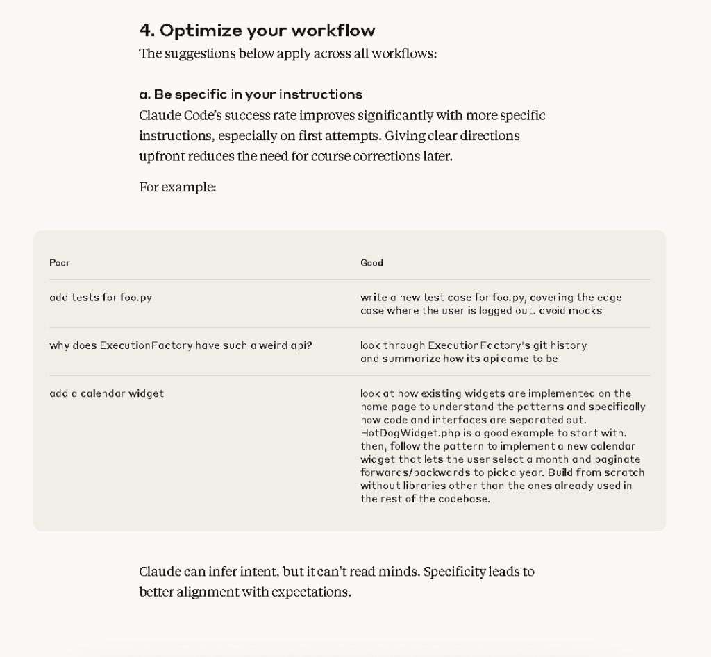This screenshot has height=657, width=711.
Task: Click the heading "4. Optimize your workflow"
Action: pos(257,31)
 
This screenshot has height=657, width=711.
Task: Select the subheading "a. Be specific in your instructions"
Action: pos(251,94)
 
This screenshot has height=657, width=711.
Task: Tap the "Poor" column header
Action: pos(60,263)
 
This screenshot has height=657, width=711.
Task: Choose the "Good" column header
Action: pos(371,263)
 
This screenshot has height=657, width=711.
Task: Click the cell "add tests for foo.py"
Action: pos(101,298)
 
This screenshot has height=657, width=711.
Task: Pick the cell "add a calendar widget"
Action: pos(106,393)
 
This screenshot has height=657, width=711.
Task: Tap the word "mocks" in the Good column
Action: pos(585,311)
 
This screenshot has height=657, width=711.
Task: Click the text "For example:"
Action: pos(178,187)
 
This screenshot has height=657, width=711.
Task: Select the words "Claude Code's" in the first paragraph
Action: pos(181,115)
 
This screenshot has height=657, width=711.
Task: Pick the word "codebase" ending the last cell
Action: pos(463,499)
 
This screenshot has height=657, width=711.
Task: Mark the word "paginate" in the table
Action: pos(618,459)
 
